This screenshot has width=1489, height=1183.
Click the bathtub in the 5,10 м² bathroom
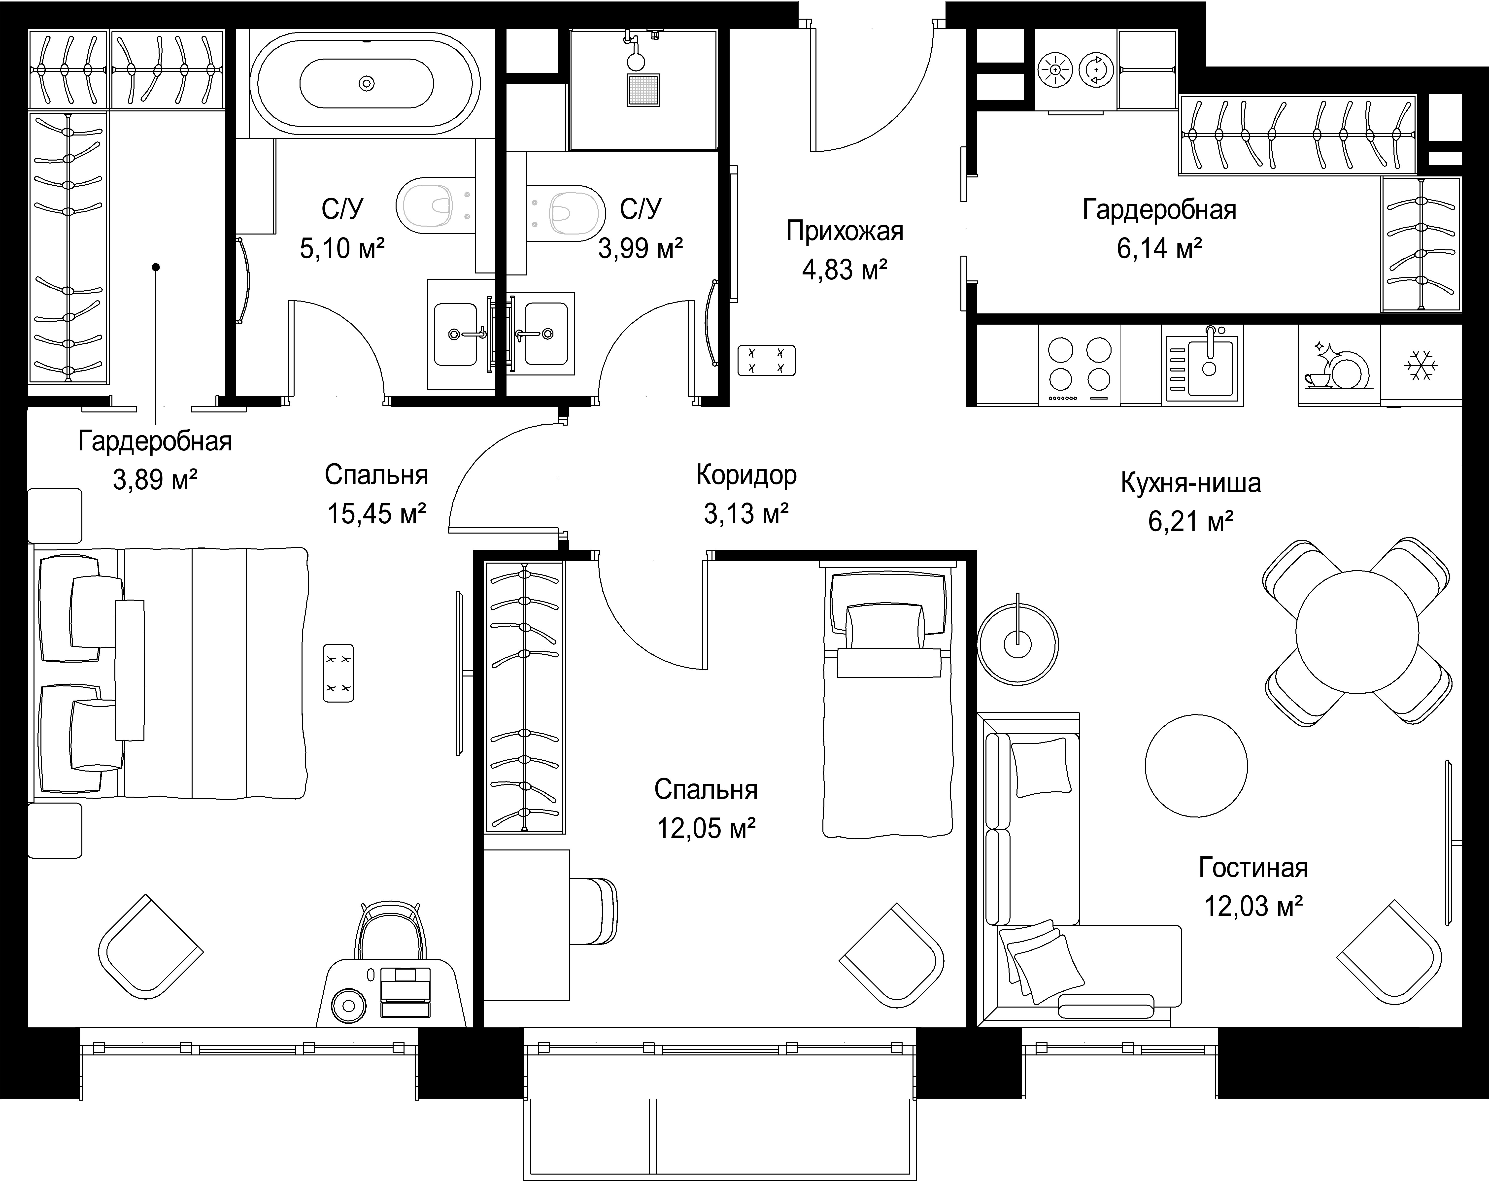365,83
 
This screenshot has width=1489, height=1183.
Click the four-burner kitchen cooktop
1080,366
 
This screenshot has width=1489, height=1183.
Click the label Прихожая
845,231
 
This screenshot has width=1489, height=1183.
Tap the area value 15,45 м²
376,513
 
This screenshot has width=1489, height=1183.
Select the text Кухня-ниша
1191,483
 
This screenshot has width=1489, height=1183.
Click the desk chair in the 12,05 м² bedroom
594,910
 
